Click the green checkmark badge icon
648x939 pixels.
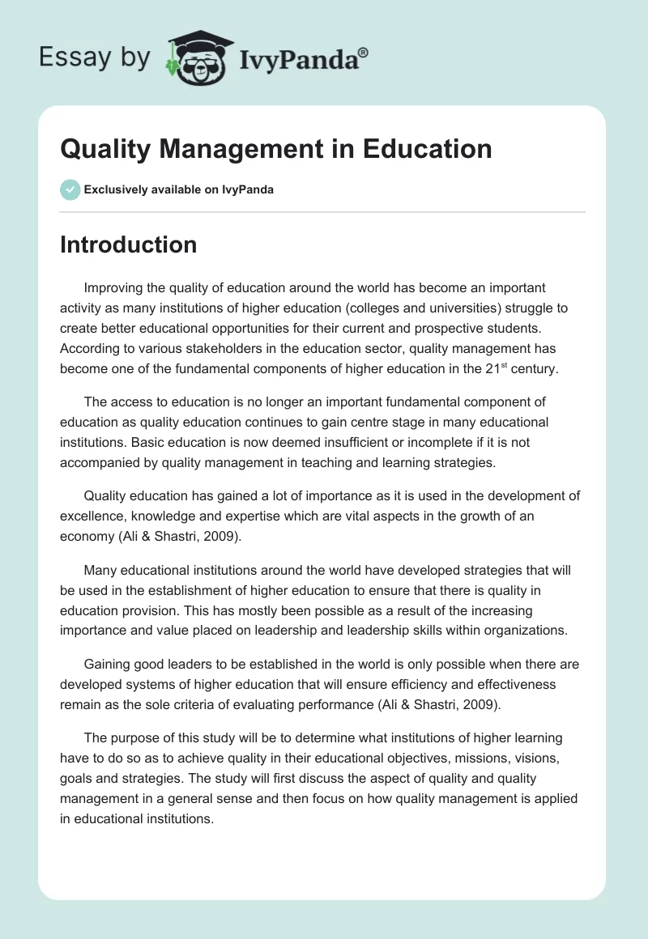pos(70,189)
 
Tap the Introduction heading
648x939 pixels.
pos(128,244)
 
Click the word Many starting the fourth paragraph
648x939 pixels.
pos(100,570)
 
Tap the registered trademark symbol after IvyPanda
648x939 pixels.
pos(364,52)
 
